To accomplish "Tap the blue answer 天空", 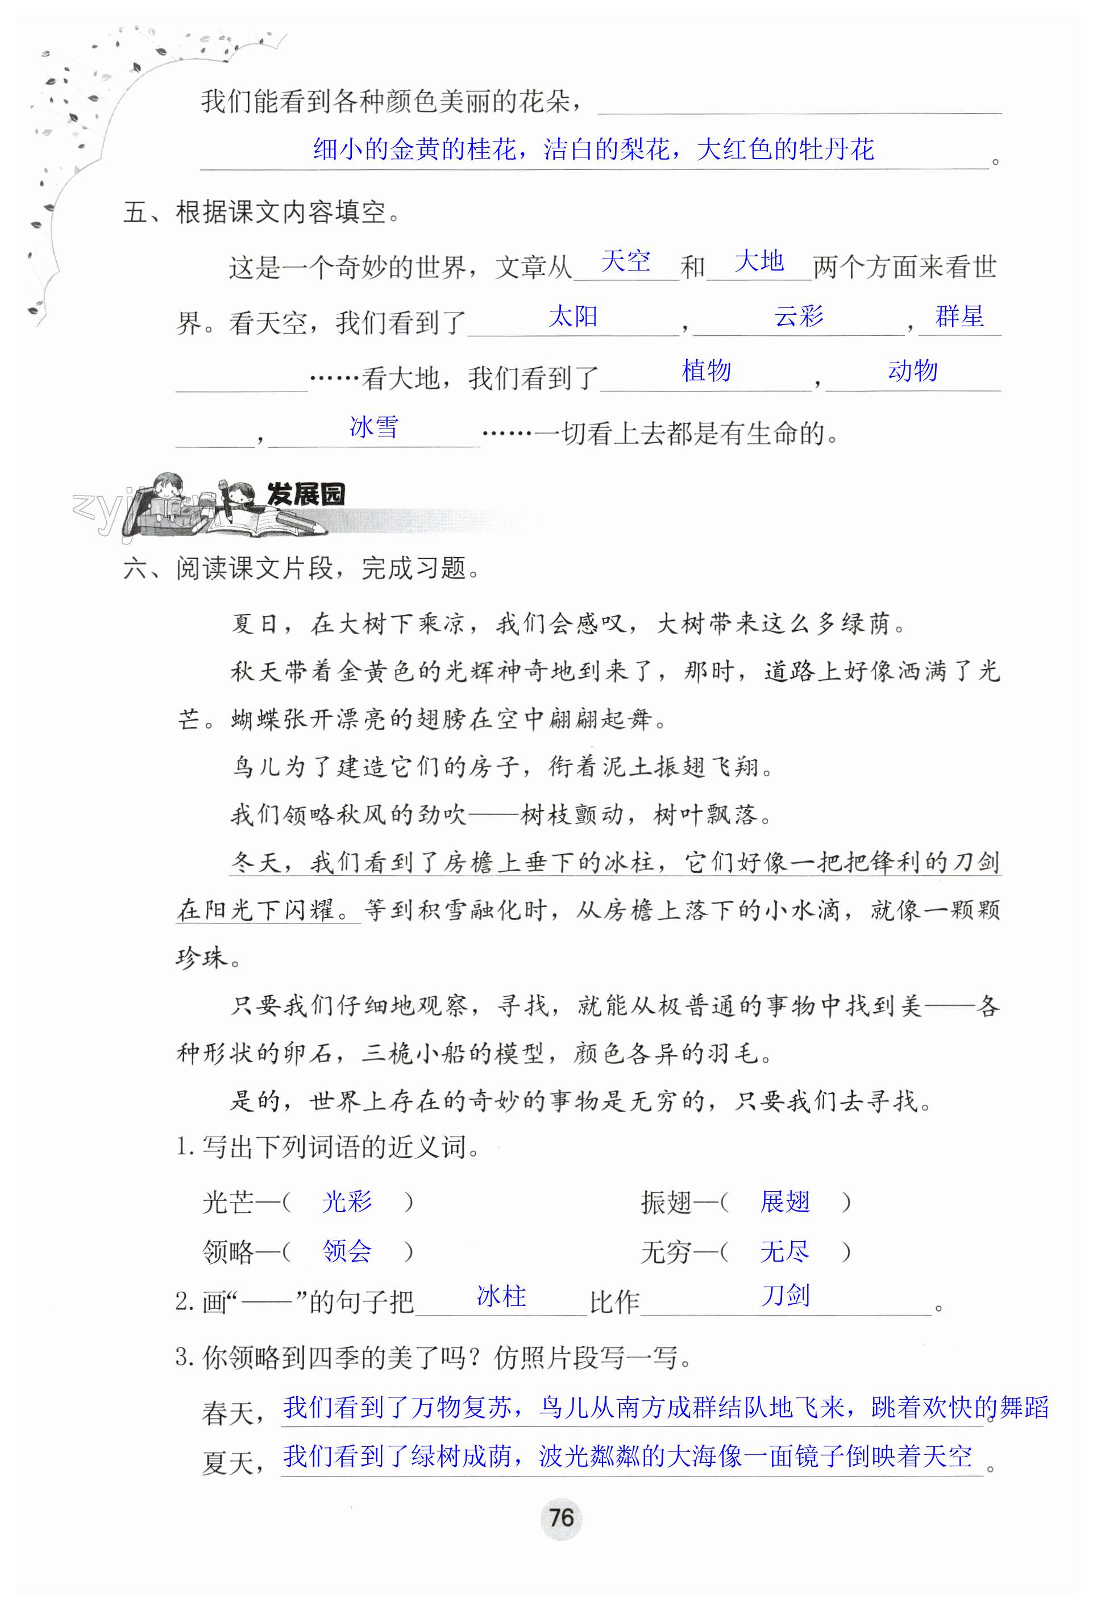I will (626, 261).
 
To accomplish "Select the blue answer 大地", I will (758, 261).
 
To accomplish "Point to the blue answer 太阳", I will (572, 317).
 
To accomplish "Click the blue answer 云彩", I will (799, 317).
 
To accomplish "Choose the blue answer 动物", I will (913, 371).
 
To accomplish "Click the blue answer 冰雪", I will (374, 427).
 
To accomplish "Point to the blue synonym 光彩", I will (347, 1201).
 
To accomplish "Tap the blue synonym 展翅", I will (784, 1201).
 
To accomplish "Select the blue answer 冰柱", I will (501, 1296).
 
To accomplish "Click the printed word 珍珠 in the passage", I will (202, 958).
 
